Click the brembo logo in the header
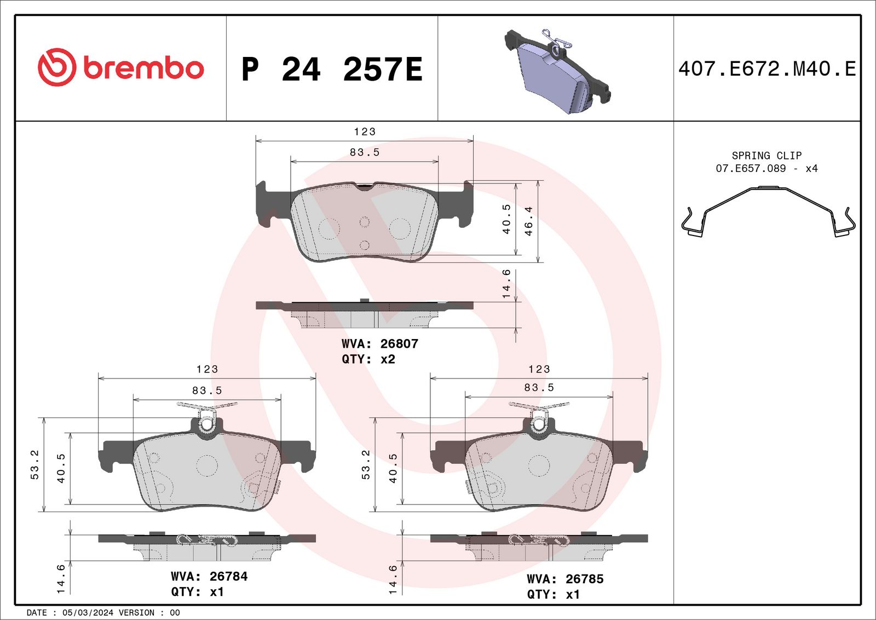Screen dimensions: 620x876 point(120,67)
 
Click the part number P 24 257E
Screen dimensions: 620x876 point(332,70)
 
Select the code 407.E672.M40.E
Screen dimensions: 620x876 point(766,69)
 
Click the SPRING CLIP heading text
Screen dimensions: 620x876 point(766,156)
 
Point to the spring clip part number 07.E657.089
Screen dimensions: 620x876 point(751,169)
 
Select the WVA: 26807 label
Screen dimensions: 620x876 point(379,344)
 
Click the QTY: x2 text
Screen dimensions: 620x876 point(368,359)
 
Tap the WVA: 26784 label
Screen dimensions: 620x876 point(209,576)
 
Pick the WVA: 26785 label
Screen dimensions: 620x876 point(564,579)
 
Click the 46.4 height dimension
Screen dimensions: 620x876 point(528,221)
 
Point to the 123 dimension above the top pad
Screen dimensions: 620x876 point(365,132)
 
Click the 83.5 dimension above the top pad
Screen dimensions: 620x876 point(365,153)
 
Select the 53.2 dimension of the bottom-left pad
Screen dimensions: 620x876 point(34,464)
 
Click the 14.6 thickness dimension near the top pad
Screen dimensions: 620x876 point(506,284)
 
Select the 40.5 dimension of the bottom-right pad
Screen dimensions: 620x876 point(393,468)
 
